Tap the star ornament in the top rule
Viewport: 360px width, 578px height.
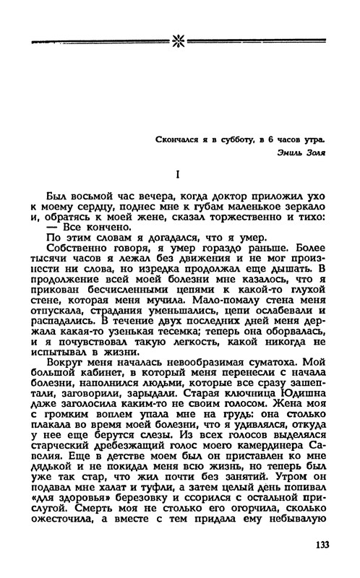(179, 35)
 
